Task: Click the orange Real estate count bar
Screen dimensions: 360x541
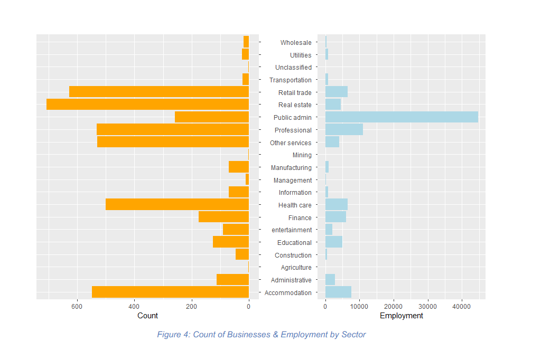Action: pyautogui.click(x=147, y=105)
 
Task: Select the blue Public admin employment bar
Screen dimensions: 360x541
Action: pyautogui.click(x=402, y=117)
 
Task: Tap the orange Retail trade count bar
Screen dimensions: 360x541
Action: pyautogui.click(x=158, y=92)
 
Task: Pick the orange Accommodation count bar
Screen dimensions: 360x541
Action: pyautogui.click(x=170, y=292)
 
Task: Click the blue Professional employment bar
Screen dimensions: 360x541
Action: pyautogui.click(x=344, y=130)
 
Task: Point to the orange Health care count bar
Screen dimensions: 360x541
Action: pyautogui.click(x=177, y=204)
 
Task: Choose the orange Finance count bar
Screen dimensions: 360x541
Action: pyautogui.click(x=223, y=217)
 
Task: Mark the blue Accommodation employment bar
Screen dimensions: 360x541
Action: pyautogui.click(x=338, y=292)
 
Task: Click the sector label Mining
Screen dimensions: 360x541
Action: pyautogui.click(x=302, y=155)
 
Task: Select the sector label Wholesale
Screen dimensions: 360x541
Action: pyautogui.click(x=296, y=43)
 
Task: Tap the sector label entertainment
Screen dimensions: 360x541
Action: pyautogui.click(x=292, y=230)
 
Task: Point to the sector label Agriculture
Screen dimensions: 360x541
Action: pyautogui.click(x=296, y=268)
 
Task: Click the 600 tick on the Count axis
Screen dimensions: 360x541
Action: pyautogui.click(x=77, y=306)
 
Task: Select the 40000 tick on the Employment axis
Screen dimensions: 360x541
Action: pyautogui.click(x=461, y=306)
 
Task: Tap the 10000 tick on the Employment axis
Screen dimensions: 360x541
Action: pyautogui.click(x=359, y=306)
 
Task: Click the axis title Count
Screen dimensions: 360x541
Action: pyautogui.click(x=147, y=316)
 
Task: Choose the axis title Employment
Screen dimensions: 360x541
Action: pyautogui.click(x=402, y=316)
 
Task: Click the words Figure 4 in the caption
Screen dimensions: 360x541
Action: pyautogui.click(x=173, y=335)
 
